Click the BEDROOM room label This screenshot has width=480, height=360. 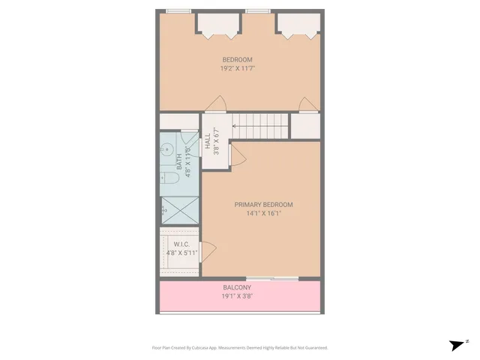[x=237, y=59]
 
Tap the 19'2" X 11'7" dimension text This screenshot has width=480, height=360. [x=237, y=68]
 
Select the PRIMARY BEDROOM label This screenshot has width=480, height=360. [x=263, y=205]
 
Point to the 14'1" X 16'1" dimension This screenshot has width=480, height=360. [x=263, y=214]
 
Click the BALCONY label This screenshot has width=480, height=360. [x=237, y=287]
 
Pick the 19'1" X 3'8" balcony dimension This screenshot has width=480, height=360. [x=237, y=296]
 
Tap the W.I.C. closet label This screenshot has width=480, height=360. [x=181, y=244]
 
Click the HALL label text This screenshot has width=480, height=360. [x=207, y=140]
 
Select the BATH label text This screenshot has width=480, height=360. [x=178, y=159]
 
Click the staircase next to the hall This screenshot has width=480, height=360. [x=259, y=124]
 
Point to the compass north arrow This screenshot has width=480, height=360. [x=457, y=345]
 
